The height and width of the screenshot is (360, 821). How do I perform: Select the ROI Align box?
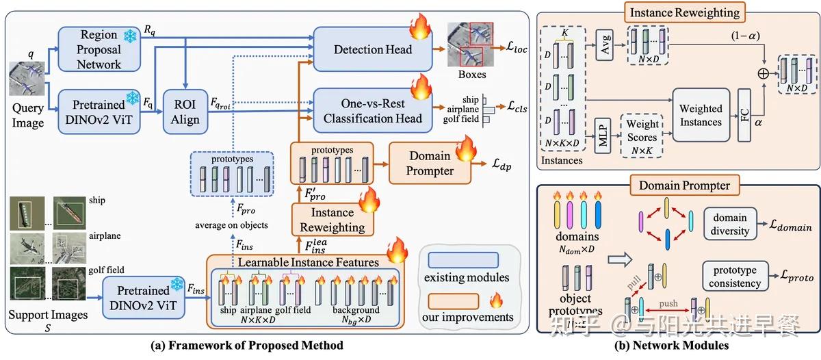(x=185, y=111)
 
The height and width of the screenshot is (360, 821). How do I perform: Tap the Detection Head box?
(x=373, y=49)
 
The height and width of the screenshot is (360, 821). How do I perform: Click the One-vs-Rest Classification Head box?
(x=373, y=111)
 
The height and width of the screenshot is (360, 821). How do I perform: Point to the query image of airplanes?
(x=27, y=78)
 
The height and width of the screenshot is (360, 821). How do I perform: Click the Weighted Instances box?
(x=701, y=115)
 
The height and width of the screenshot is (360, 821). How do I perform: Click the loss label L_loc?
(x=518, y=49)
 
